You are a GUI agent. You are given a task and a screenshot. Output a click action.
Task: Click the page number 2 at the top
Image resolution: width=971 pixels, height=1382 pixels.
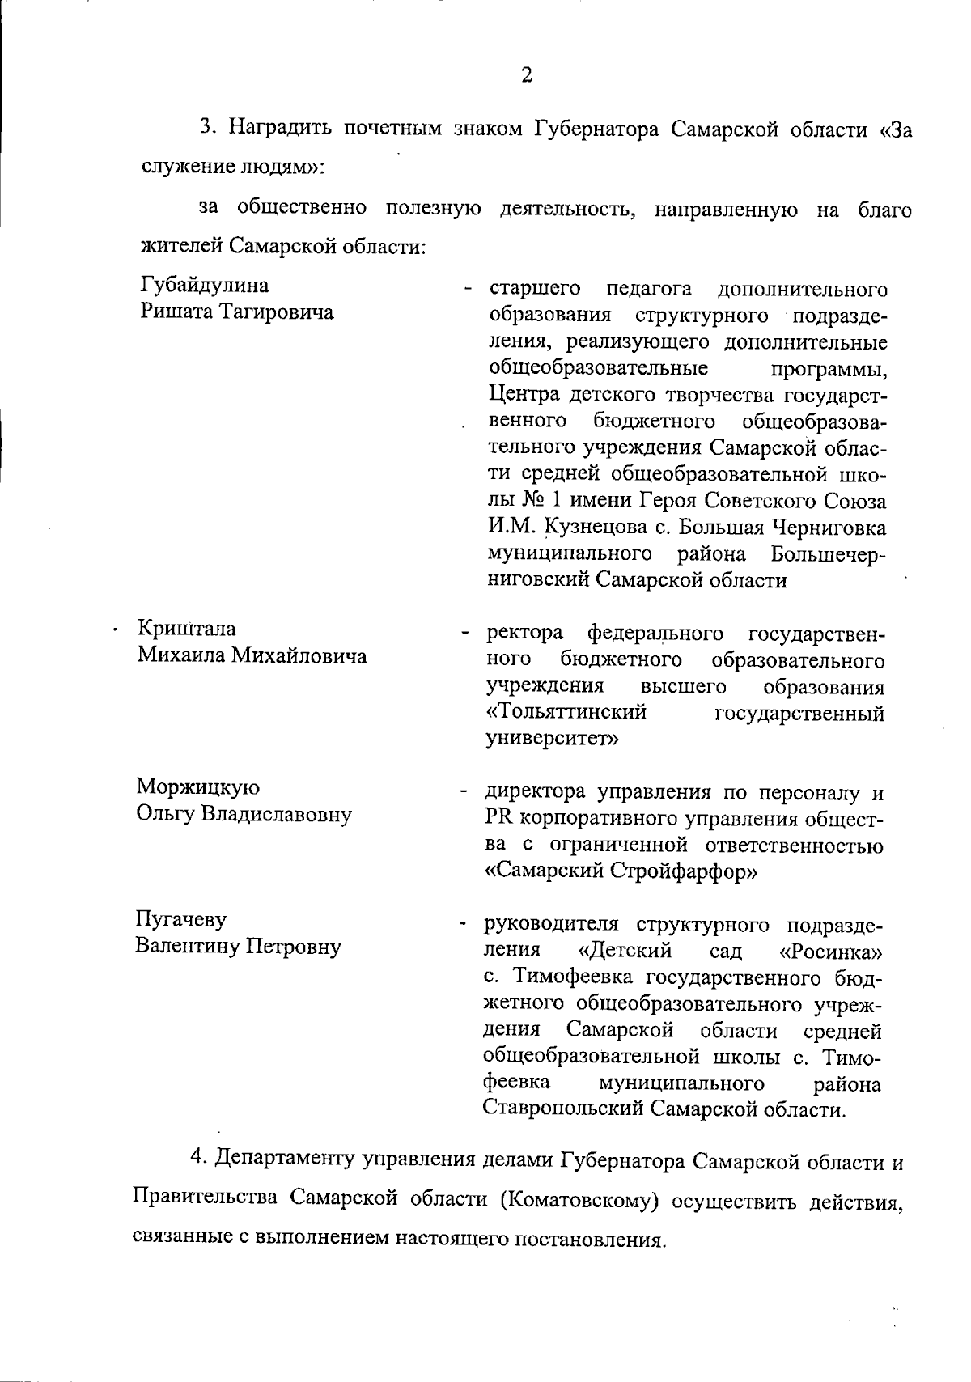pyautogui.click(x=526, y=75)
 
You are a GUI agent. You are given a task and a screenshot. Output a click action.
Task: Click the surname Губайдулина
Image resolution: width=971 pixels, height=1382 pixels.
pyautogui.click(x=206, y=286)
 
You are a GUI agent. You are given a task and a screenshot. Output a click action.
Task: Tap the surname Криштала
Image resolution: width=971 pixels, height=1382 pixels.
pyautogui.click(x=187, y=629)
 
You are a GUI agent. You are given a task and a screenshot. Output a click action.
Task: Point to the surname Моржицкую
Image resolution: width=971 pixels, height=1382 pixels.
pyautogui.click(x=198, y=787)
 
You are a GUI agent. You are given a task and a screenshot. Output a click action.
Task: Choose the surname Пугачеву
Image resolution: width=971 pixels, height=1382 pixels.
pyautogui.click(x=181, y=920)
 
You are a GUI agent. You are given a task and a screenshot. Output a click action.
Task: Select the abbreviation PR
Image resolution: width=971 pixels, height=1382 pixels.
pyautogui.click(x=498, y=819)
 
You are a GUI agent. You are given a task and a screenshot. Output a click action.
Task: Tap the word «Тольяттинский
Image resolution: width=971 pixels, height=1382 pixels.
pyautogui.click(x=567, y=713)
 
